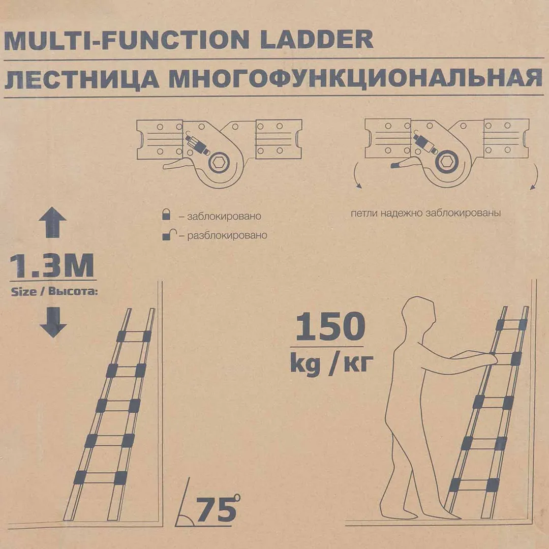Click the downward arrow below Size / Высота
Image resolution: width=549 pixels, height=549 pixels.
53,323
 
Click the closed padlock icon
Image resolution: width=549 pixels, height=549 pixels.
166,215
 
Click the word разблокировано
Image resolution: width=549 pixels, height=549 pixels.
227,236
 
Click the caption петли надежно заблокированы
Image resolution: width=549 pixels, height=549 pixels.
425,213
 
